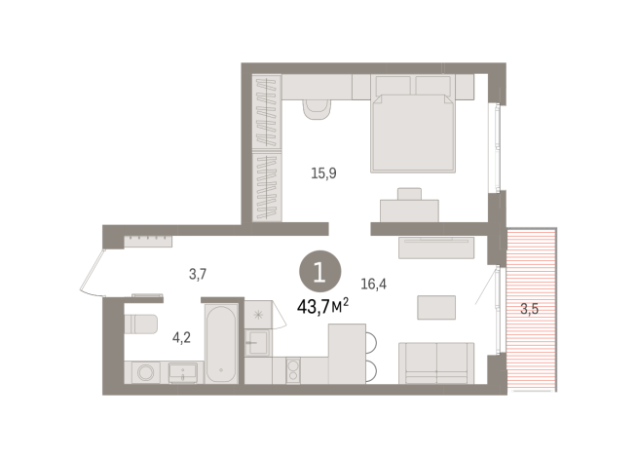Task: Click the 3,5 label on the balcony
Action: point(529,311)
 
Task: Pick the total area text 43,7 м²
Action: point(322,307)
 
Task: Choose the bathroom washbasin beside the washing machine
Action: point(184,372)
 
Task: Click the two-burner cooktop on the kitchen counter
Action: point(292,371)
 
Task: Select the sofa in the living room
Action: point(435,363)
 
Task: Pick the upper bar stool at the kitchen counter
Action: point(371,338)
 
